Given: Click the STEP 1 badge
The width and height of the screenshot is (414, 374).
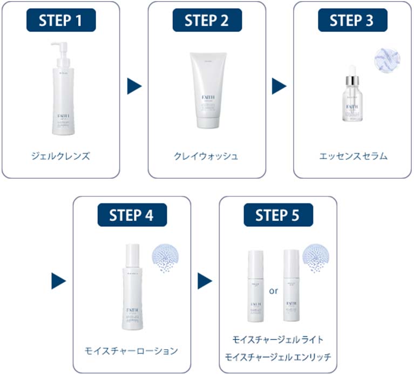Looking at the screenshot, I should (60, 21).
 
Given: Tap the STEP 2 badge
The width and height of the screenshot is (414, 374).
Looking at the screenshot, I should (207, 21).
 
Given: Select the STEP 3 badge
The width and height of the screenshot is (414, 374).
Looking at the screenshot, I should (351, 21).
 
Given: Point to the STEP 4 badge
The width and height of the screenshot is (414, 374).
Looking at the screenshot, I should (132, 215).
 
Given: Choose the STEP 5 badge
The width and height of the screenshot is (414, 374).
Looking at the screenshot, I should (278, 215).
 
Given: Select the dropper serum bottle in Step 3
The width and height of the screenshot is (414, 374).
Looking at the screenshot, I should (351, 94).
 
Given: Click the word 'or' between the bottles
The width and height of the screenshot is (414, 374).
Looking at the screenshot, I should (273, 290).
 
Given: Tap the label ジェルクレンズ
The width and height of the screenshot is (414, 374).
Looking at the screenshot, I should (60, 157).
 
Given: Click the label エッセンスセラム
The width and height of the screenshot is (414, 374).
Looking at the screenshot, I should (352, 157).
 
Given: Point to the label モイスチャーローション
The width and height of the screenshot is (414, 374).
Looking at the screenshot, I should (131, 351).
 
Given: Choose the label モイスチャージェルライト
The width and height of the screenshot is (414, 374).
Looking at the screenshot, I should (277, 339).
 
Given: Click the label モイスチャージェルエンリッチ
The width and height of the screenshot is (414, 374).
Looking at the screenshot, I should (277, 357).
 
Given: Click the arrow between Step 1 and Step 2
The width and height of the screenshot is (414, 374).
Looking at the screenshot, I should (134, 86).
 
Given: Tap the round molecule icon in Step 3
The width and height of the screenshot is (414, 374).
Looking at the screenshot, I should (386, 59).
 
